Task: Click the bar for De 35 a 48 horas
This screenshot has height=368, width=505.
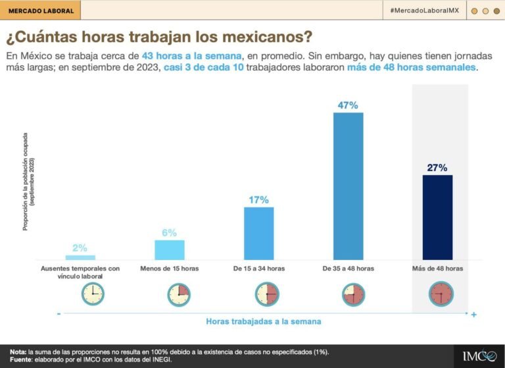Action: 348,186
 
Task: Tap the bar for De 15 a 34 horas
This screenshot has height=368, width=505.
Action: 258,233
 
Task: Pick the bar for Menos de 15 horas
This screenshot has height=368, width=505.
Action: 170,250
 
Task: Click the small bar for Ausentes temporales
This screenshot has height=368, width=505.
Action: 80,257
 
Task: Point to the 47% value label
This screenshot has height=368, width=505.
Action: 348,105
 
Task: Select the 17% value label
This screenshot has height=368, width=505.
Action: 258,199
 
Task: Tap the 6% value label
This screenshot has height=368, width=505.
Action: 170,232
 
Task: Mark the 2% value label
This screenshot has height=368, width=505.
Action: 80,248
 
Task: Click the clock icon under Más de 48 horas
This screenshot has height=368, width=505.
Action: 440,293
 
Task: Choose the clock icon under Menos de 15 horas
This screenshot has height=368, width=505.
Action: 178,293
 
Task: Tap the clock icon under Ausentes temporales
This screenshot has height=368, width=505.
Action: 93,293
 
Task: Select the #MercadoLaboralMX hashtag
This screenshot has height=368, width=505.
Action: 424,11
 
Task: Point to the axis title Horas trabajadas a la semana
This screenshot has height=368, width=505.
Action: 264,321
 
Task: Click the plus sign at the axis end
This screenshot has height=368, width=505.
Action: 473,315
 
